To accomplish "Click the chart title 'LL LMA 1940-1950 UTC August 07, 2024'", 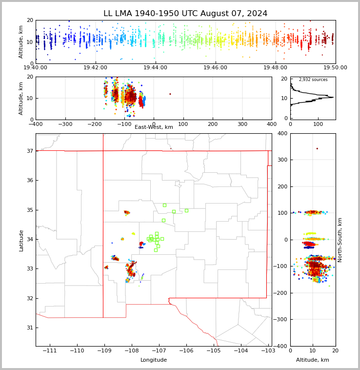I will coord(185,14).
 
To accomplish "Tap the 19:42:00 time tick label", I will coord(95,68).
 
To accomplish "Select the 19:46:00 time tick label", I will coord(215,68).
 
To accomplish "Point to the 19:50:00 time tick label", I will coord(335,68).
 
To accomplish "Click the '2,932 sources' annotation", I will coord(313,80).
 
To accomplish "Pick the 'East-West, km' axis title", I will coord(154,127).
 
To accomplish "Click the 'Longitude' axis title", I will coord(154,360).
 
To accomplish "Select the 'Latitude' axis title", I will coord(21,240).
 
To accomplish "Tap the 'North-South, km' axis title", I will coord(340,240).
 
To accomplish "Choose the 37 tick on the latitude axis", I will coord(29,151).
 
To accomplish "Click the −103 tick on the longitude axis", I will coord(268,351).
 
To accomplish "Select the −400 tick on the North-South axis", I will coord(281,346).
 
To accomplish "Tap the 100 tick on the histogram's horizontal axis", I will coord(318,124).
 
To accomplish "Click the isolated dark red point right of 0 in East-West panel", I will coord(170,94).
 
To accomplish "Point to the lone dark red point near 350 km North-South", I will coord(317,148).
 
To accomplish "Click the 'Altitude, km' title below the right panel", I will coord(313,360).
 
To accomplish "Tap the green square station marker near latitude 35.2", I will coord(164,205).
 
